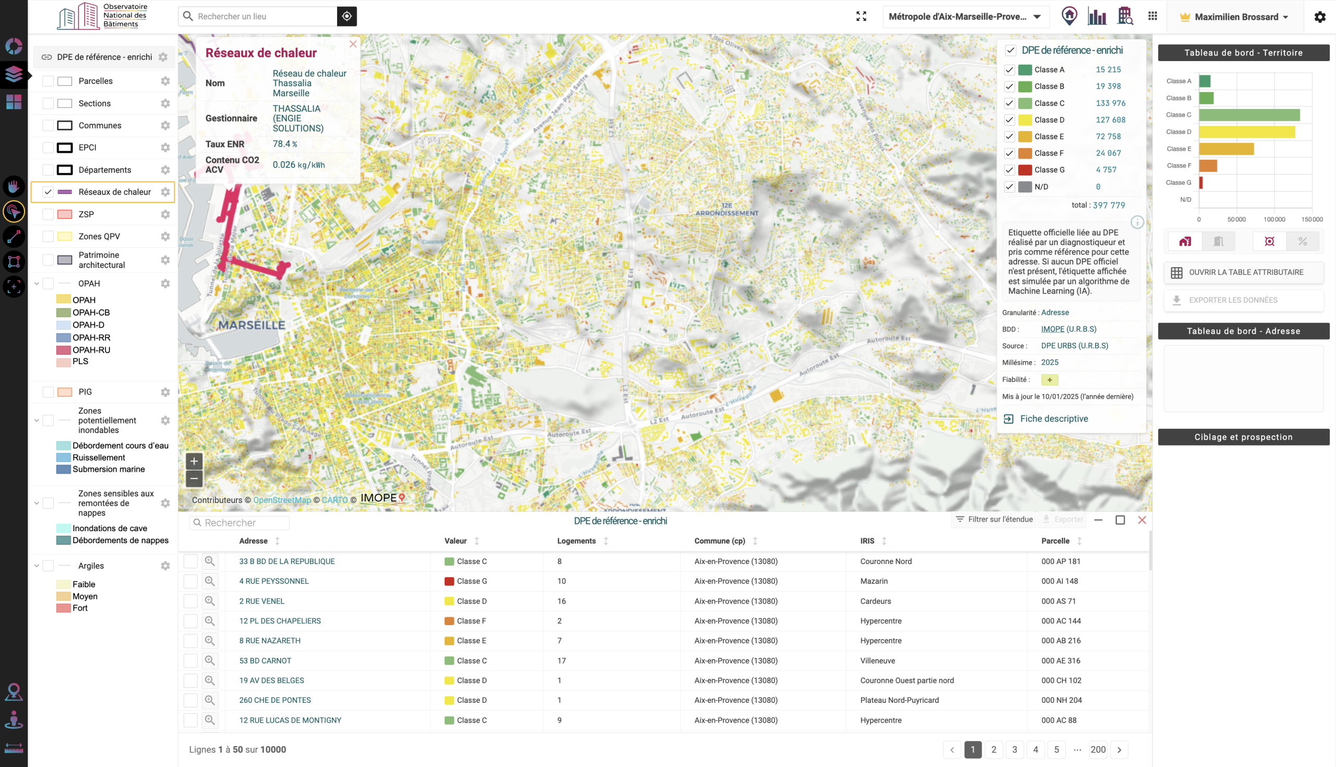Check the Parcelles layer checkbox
click(x=48, y=81)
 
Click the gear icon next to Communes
click(x=165, y=125)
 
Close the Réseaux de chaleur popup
click(x=353, y=44)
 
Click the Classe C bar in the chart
click(x=1249, y=115)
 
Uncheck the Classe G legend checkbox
click(x=1009, y=170)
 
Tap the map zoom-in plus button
click(x=194, y=461)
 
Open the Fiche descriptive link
click(x=1054, y=419)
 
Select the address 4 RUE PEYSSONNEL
click(x=274, y=581)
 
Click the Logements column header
click(x=576, y=541)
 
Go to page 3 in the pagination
click(x=1015, y=750)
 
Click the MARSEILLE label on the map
click(x=252, y=325)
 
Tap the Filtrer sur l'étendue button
click(x=994, y=519)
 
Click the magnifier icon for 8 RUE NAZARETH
click(x=210, y=641)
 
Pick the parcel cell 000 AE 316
click(x=1060, y=661)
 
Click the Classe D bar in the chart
click(x=1246, y=131)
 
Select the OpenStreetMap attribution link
click(x=282, y=500)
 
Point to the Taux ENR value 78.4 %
click(x=285, y=144)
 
